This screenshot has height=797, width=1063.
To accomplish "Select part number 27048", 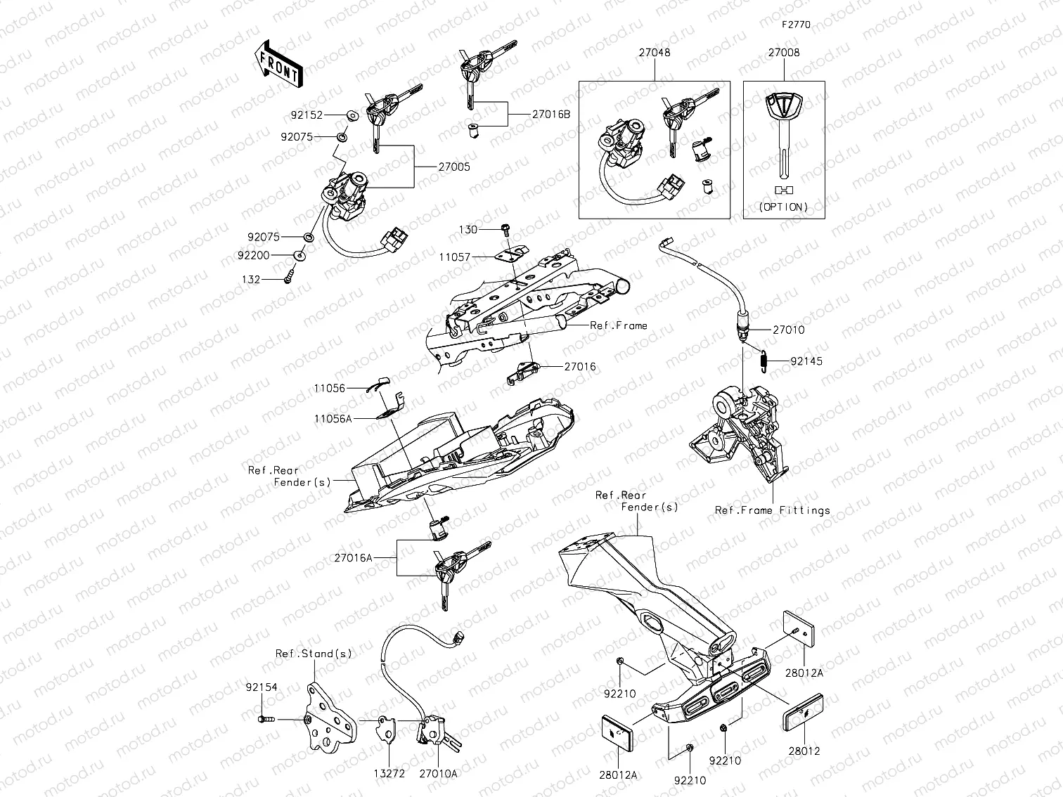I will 654,53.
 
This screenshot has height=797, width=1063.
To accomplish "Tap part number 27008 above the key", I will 783,53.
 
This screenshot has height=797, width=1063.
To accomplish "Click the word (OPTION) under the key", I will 783,207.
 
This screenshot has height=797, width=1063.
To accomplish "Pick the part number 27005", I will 454,167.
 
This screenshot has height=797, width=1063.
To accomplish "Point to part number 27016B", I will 551,114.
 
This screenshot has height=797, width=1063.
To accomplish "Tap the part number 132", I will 251,280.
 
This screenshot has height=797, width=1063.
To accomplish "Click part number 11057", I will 455,258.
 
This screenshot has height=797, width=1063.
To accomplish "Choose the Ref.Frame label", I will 619,325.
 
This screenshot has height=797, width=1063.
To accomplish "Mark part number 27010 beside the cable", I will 788,330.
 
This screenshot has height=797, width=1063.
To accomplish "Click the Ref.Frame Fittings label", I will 772,510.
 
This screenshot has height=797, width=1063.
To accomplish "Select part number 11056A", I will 333,418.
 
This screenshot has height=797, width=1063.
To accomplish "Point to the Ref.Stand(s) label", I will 314,654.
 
